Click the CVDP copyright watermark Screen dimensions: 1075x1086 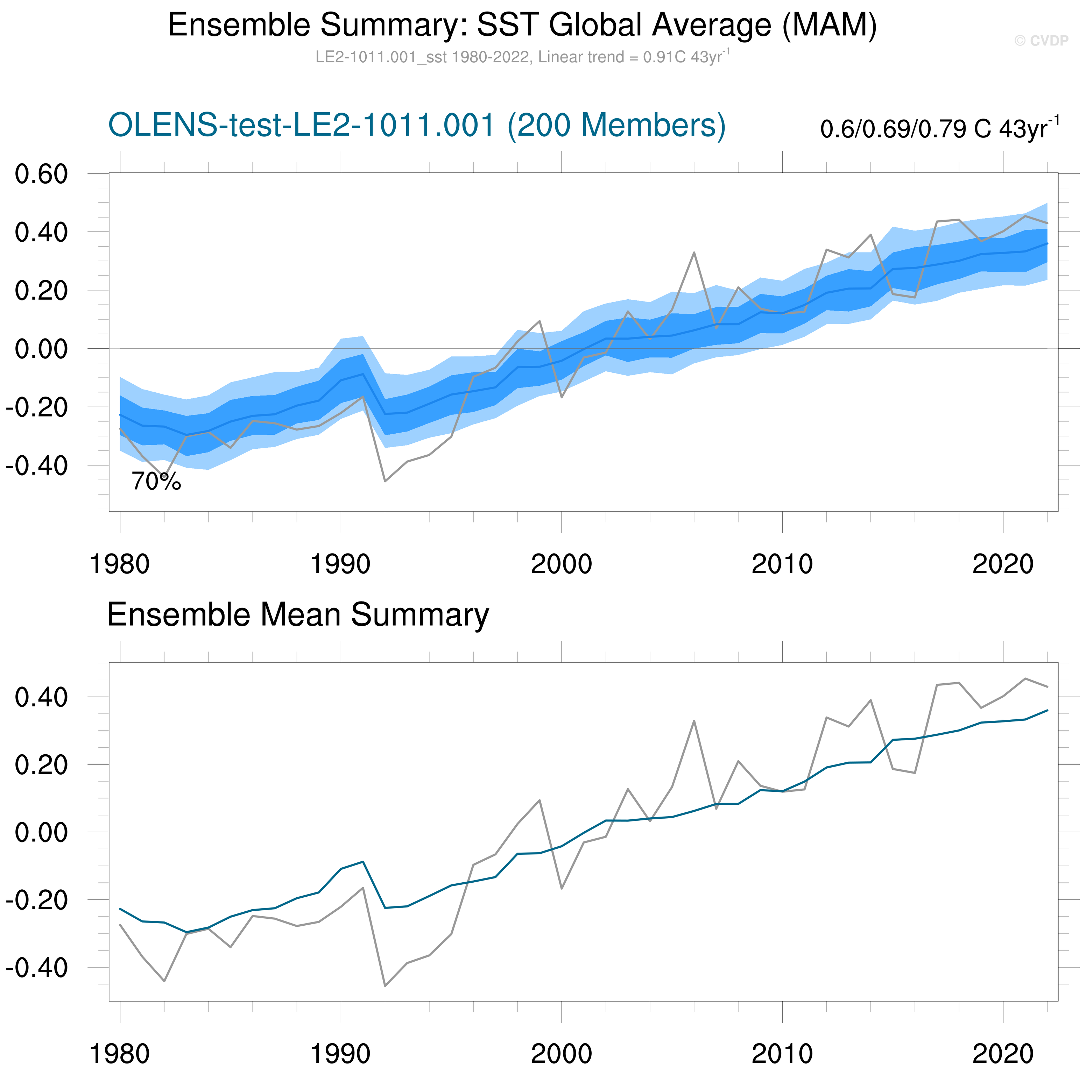1041,41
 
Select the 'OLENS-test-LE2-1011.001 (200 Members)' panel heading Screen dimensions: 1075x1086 417,125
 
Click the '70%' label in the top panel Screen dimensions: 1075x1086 156,482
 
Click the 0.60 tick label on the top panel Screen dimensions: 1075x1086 41,174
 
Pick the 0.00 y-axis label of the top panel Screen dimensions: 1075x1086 41,349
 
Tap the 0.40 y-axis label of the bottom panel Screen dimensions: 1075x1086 41,697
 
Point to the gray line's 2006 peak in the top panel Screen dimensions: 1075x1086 694,252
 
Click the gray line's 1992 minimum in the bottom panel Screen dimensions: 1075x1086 385,986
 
